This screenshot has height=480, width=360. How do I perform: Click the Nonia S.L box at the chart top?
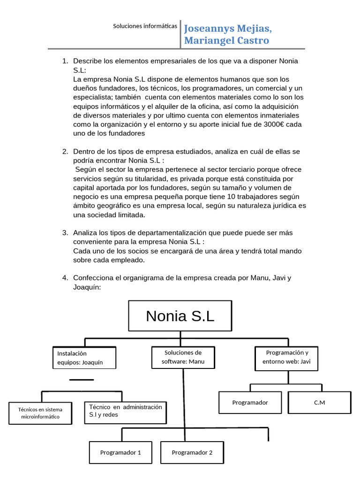[x=180, y=315]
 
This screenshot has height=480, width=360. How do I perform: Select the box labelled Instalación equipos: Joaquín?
[x=83, y=358]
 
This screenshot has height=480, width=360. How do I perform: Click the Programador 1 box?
[x=120, y=452]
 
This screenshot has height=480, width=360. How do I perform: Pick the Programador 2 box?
[x=192, y=452]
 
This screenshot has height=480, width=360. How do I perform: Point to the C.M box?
[x=319, y=402]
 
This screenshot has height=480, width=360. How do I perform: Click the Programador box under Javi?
[x=250, y=402]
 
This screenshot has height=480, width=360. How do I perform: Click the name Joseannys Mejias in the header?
[x=228, y=29]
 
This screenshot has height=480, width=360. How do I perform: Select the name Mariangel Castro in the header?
[x=227, y=41]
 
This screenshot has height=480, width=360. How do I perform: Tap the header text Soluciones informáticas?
[x=145, y=26]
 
